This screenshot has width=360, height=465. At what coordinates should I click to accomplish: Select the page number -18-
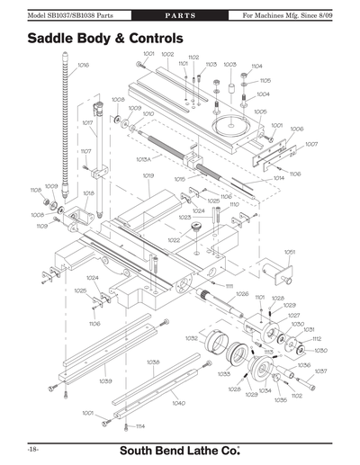point(31,447)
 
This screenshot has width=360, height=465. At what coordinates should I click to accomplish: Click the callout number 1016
point(83,65)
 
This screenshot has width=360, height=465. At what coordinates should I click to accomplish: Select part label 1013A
point(143,158)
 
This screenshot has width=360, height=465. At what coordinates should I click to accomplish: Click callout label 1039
point(106,380)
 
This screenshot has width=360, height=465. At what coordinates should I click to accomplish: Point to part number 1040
point(178,403)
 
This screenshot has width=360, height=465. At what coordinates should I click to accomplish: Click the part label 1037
point(320,371)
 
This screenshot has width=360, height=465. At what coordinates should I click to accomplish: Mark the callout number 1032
point(192,338)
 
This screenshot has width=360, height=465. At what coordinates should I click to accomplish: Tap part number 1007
point(311,144)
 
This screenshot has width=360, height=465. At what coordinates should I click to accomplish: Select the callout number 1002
point(167,55)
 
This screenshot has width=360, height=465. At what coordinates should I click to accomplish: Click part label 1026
point(242,294)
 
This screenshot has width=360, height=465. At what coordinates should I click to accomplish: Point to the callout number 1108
point(36,190)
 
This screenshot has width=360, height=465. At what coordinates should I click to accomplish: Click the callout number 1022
point(173,240)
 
